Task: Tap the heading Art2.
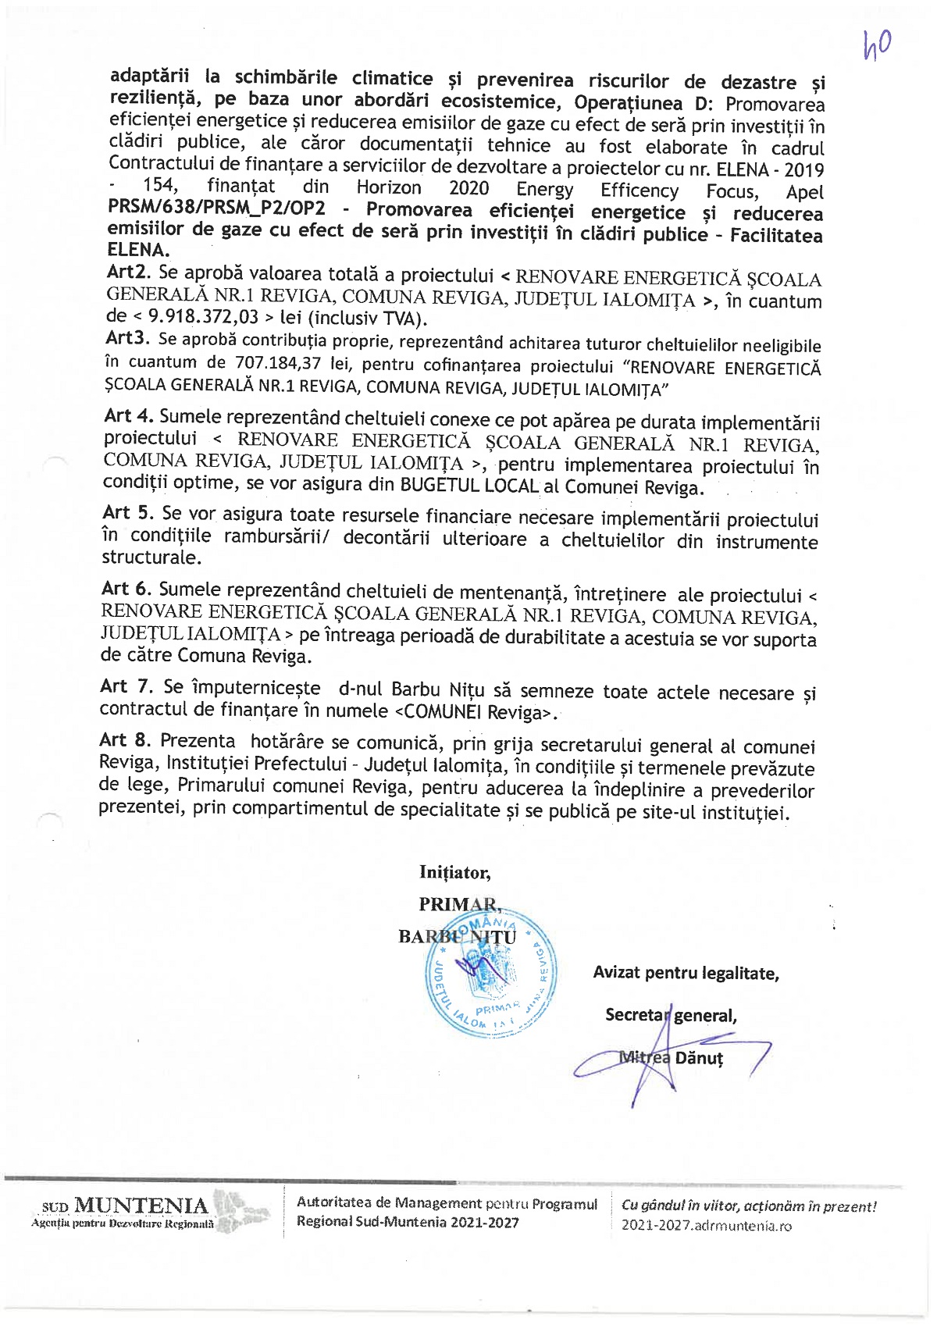[x=129, y=273]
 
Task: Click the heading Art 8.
[x=126, y=739]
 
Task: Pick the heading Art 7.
[x=126, y=686]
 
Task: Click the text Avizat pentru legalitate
[x=686, y=973]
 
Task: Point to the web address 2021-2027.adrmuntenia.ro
[x=706, y=1225]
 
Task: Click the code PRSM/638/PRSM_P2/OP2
[x=216, y=210]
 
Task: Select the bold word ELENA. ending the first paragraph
[x=138, y=251]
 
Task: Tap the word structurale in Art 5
[x=151, y=558]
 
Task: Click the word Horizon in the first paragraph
[x=388, y=188]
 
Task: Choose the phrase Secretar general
[x=671, y=1016]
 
